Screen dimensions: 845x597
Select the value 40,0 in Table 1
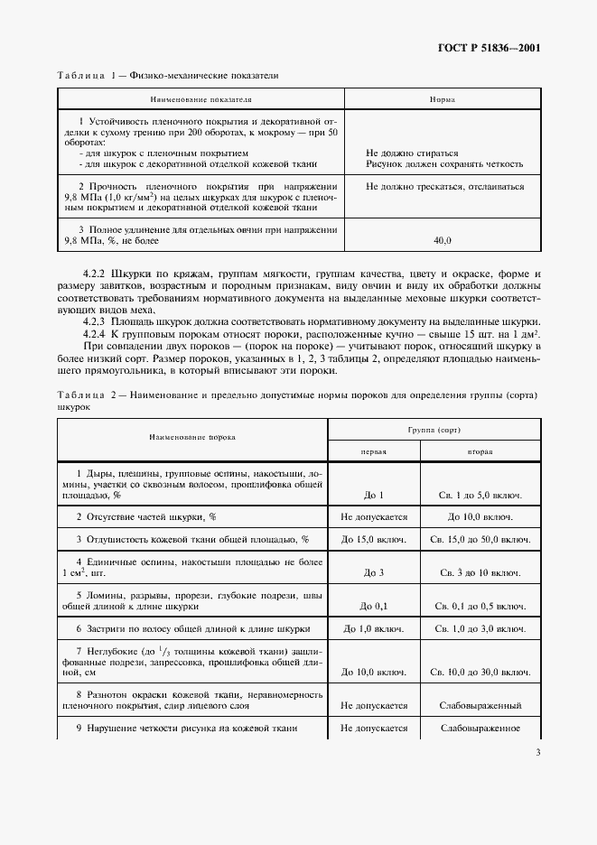click(x=443, y=241)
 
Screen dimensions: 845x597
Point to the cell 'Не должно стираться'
click(x=406, y=153)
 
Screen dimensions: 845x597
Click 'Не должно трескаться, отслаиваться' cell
click(x=445, y=187)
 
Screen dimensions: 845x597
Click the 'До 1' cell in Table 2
click(x=374, y=495)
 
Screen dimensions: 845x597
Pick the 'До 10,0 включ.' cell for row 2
click(x=480, y=517)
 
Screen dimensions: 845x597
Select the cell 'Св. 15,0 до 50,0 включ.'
click(x=480, y=540)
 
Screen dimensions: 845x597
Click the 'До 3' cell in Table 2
click(x=374, y=573)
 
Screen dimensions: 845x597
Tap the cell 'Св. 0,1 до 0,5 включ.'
click(x=480, y=606)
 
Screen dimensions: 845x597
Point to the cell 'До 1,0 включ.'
click(x=374, y=628)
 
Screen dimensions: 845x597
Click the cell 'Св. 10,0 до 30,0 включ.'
click(x=480, y=672)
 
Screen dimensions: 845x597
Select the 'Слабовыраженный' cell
click(x=480, y=705)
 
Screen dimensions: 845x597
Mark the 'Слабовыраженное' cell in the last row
click(x=480, y=728)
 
